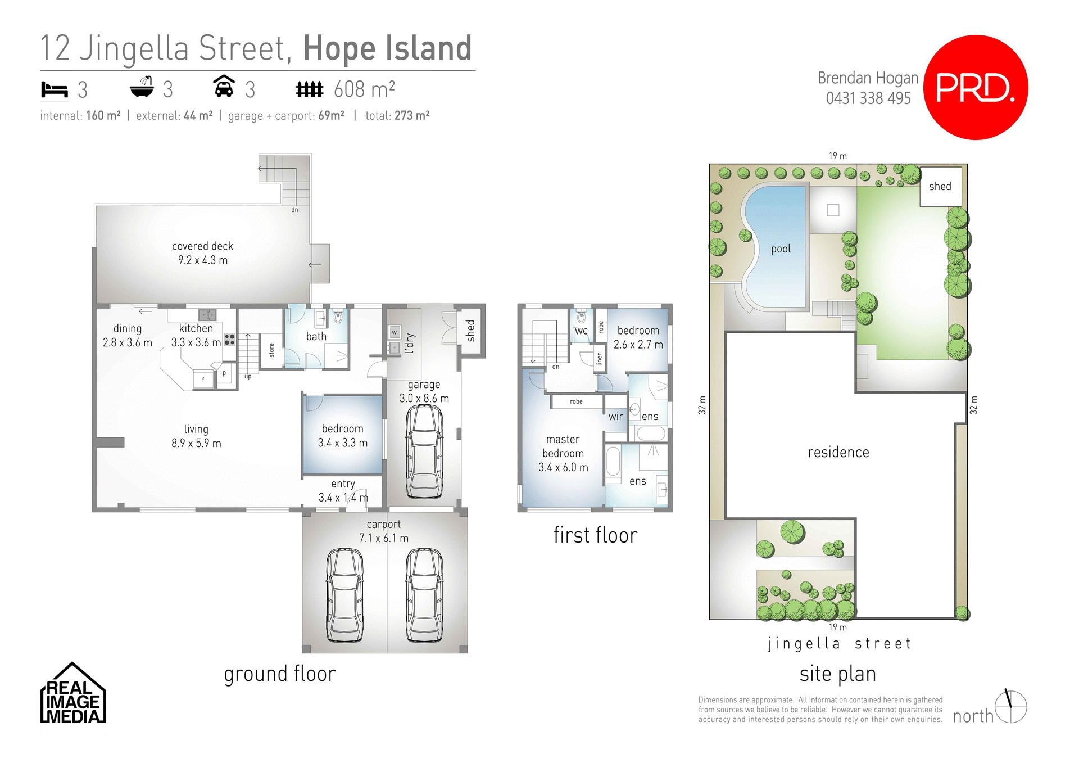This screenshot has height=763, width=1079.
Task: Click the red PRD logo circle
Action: click(976, 87)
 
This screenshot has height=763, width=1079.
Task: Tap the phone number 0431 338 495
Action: click(868, 98)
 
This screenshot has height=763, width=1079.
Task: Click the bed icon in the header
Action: click(55, 89)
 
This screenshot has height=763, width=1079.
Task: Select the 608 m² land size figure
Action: click(364, 89)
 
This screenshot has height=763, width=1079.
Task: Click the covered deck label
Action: click(202, 246)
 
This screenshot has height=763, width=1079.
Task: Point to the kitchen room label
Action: click(196, 328)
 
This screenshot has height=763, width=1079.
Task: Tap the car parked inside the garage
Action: click(424, 451)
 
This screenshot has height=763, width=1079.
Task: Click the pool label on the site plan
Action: click(781, 249)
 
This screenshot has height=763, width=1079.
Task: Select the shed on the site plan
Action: click(940, 187)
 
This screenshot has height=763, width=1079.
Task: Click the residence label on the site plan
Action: click(838, 453)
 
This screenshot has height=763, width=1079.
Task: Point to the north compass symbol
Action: click(1010, 707)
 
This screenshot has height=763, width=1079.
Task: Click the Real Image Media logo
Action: click(73, 695)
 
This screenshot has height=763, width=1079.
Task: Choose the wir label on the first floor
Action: click(615, 417)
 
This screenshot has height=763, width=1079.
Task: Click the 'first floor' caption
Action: click(595, 535)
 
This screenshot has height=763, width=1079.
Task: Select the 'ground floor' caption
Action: click(280, 674)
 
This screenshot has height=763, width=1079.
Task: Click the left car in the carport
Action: click(344, 595)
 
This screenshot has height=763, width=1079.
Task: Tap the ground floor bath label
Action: click(316, 336)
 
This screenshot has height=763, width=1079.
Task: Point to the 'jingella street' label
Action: click(838, 644)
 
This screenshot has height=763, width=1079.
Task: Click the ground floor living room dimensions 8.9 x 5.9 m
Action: click(196, 443)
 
